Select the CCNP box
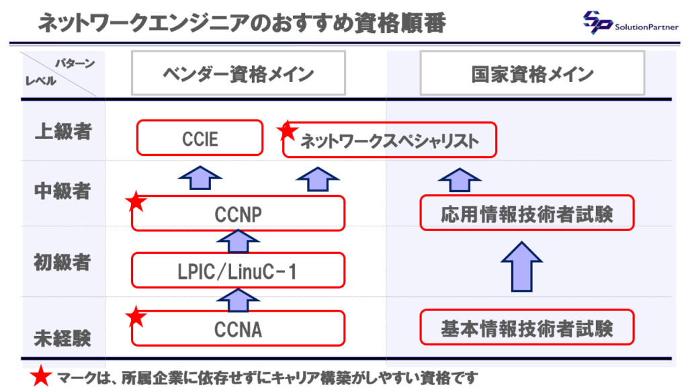(x=238, y=214)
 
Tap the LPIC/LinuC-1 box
(x=238, y=271)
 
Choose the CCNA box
(x=238, y=329)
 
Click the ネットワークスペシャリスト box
(x=389, y=140)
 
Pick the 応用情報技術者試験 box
(x=527, y=214)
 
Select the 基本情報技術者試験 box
(x=527, y=328)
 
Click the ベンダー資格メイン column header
(x=238, y=73)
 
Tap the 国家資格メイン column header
(x=532, y=73)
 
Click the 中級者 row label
(x=62, y=191)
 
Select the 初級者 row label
(x=62, y=262)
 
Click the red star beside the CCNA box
(x=136, y=316)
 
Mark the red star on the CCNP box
(x=136, y=201)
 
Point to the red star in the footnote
(x=42, y=377)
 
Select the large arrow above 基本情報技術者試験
(x=526, y=266)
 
